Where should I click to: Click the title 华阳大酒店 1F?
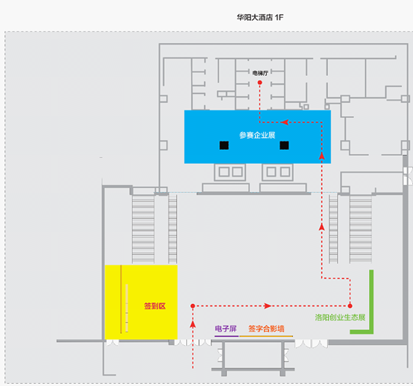coord(260,17)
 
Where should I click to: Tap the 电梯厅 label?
coord(260,73)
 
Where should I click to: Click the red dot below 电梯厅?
coord(259,83)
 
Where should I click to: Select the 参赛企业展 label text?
coord(257,135)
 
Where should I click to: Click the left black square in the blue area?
coord(224,145)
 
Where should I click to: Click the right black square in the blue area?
coord(284,145)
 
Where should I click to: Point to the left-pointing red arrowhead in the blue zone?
coord(285,122)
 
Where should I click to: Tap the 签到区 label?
coord(154,306)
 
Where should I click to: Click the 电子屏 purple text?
coord(226,329)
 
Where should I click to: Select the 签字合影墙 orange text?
coord(266,329)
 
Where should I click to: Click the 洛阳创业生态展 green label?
coord(340,317)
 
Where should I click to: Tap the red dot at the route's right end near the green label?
coord(350,306)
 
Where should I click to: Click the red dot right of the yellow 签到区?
coord(192,306)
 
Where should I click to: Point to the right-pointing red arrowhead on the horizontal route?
coord(268,306)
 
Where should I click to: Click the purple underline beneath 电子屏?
coord(227,336)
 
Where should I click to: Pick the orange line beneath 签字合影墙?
coord(266,336)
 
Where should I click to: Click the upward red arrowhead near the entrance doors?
coord(193,324)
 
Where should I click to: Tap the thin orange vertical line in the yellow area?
coord(121,299)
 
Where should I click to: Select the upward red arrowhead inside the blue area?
coord(321,156)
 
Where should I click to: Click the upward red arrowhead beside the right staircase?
coord(321,227)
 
